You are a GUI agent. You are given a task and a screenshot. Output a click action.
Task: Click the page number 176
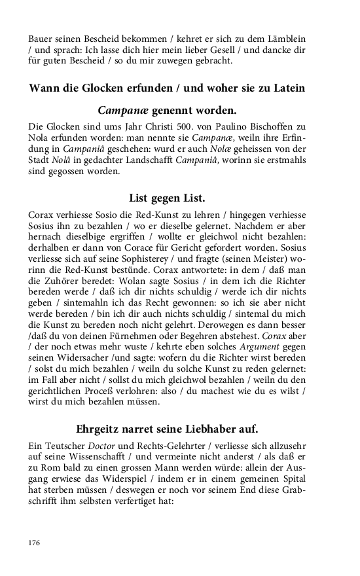[34, 543]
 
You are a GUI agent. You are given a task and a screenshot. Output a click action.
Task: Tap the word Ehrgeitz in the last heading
[99, 429]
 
